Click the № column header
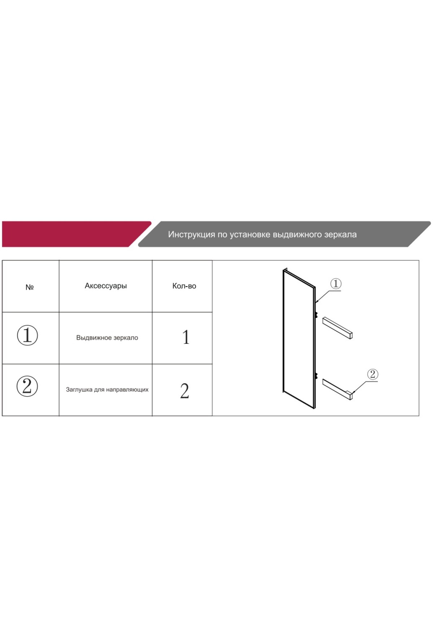pos(30,287)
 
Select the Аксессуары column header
pos(106,286)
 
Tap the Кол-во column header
pos(184,286)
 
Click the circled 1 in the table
pos(27,335)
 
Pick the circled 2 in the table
pos(27,386)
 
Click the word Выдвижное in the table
pos(94,338)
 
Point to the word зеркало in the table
pos(126,338)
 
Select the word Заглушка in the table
pos(79,390)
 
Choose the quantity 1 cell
pos(186,337)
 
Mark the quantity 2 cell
pos(184,391)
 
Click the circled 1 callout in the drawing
pos(336,284)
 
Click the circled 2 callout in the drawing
pos(372,374)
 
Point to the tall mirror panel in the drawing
pos(299,338)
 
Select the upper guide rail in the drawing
pos(337,328)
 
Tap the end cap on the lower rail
pos(350,395)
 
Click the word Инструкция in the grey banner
pos(191,235)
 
